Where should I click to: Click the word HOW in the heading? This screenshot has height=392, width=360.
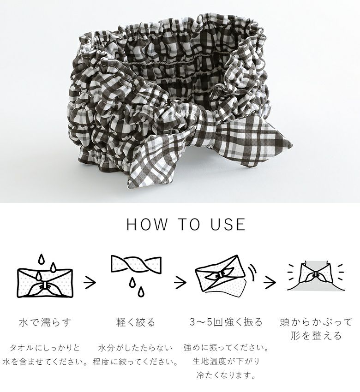(147, 224)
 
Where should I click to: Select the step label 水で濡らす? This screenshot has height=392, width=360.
(45, 322)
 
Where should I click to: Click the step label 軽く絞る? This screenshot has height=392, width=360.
(136, 322)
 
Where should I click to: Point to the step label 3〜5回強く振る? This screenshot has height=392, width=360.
(226, 322)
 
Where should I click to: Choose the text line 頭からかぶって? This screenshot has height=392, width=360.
(316, 322)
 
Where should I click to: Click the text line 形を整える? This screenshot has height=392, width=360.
(316, 335)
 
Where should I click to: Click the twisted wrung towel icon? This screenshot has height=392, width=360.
(136, 274)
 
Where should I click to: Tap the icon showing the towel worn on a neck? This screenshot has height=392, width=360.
(316, 277)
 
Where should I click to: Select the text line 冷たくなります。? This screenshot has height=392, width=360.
(226, 375)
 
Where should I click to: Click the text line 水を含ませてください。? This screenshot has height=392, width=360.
(45, 362)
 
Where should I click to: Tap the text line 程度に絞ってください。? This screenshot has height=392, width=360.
(136, 362)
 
